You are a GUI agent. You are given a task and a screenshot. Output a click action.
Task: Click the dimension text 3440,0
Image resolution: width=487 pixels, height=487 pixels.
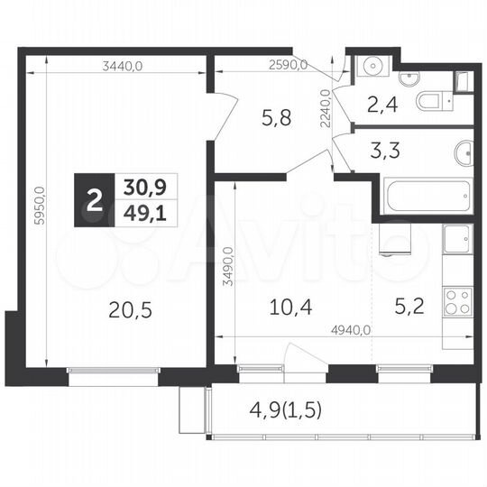click(x=124, y=65)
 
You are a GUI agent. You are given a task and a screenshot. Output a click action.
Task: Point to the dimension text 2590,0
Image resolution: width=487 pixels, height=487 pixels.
click(x=289, y=65)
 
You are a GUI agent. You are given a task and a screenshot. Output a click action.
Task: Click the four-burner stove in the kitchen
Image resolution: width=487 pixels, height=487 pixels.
click(x=457, y=300)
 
